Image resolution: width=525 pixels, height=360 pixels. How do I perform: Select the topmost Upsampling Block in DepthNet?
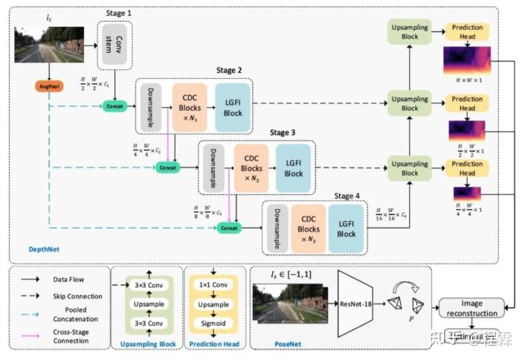tap(410, 33)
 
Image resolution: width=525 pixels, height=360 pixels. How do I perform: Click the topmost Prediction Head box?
tap(467, 32)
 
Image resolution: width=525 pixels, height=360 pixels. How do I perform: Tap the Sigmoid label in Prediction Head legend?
tap(210, 322)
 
